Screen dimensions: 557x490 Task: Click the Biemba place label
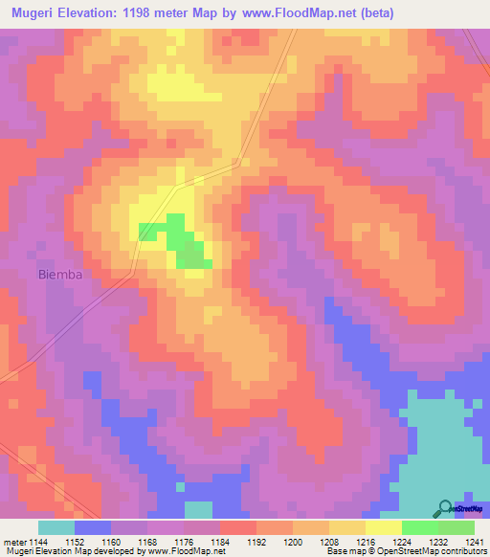tap(60, 275)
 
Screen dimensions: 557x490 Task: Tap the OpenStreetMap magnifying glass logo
tap(444, 508)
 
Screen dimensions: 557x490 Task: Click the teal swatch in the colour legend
tap(56, 527)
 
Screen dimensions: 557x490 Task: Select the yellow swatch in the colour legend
tap(383, 527)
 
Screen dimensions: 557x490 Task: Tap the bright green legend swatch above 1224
tap(419, 527)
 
